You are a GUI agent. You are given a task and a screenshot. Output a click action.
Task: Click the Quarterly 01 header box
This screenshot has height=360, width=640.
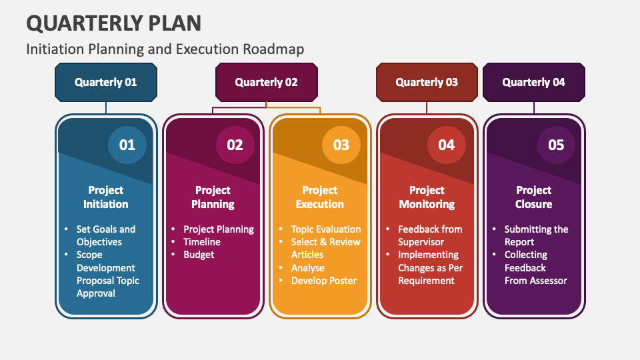[106, 82]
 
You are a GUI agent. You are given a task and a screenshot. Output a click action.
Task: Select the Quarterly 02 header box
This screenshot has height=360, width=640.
[267, 82]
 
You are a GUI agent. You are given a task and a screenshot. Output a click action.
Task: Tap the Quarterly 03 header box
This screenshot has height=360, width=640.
[427, 82]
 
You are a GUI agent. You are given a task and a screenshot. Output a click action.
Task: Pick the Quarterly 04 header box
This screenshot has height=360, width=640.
[534, 82]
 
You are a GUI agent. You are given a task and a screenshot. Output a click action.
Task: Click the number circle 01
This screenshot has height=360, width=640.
[127, 145]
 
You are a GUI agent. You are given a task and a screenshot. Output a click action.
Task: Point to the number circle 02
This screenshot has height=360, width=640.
[235, 145]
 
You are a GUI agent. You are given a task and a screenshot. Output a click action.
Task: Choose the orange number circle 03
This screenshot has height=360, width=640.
[341, 145]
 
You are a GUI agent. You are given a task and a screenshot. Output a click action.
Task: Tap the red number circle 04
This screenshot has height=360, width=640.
[447, 145]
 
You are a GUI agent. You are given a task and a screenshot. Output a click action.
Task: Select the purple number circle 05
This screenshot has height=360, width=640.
[556, 145]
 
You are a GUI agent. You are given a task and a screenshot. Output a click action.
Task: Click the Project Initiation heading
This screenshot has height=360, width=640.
[106, 197]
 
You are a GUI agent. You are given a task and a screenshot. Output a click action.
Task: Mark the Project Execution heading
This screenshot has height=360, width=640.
[320, 197]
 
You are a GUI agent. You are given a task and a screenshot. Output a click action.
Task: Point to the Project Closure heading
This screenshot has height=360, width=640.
[534, 197]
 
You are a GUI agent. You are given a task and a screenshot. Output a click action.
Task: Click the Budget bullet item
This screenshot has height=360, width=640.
[199, 255]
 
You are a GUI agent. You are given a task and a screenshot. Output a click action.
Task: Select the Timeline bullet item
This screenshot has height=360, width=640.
[202, 242]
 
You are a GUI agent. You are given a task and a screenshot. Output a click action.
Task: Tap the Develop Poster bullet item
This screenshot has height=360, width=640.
[324, 281]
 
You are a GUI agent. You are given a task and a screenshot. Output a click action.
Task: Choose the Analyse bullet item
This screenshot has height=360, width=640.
[308, 268]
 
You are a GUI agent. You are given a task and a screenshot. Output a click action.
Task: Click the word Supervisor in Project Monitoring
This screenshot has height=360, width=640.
[421, 242]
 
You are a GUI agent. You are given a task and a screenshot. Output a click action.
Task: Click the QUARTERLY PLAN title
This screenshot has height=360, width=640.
[114, 23]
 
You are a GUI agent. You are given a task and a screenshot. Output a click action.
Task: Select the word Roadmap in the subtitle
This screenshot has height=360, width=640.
[273, 49]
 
